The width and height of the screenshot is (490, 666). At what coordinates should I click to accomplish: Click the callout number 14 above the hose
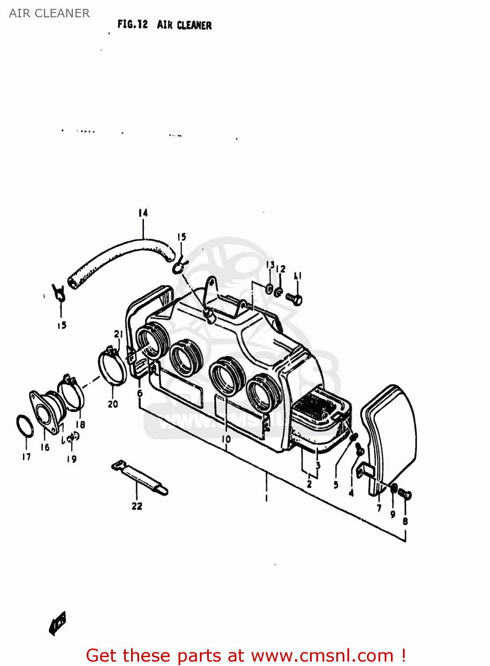click(x=143, y=213)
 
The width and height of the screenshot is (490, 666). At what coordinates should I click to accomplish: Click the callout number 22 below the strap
click(x=137, y=506)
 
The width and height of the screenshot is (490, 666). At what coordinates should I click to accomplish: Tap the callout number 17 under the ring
click(x=26, y=457)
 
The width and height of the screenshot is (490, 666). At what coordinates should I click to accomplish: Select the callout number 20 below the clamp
click(x=113, y=404)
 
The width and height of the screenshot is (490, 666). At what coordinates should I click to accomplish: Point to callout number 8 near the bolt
click(x=405, y=522)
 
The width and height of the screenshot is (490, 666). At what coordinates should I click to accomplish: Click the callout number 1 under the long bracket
click(x=267, y=498)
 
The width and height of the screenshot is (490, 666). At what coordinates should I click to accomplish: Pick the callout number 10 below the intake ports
click(x=226, y=439)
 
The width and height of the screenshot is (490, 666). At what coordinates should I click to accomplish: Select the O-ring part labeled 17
click(x=24, y=426)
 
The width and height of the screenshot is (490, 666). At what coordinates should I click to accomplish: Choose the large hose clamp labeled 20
click(x=112, y=367)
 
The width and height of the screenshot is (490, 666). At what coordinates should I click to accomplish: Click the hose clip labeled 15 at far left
click(x=59, y=293)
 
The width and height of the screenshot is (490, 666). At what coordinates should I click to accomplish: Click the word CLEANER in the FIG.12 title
click(x=194, y=25)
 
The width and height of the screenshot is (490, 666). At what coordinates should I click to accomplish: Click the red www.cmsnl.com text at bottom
click(x=322, y=656)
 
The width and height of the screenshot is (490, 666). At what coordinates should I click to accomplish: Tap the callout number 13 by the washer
click(x=270, y=265)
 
